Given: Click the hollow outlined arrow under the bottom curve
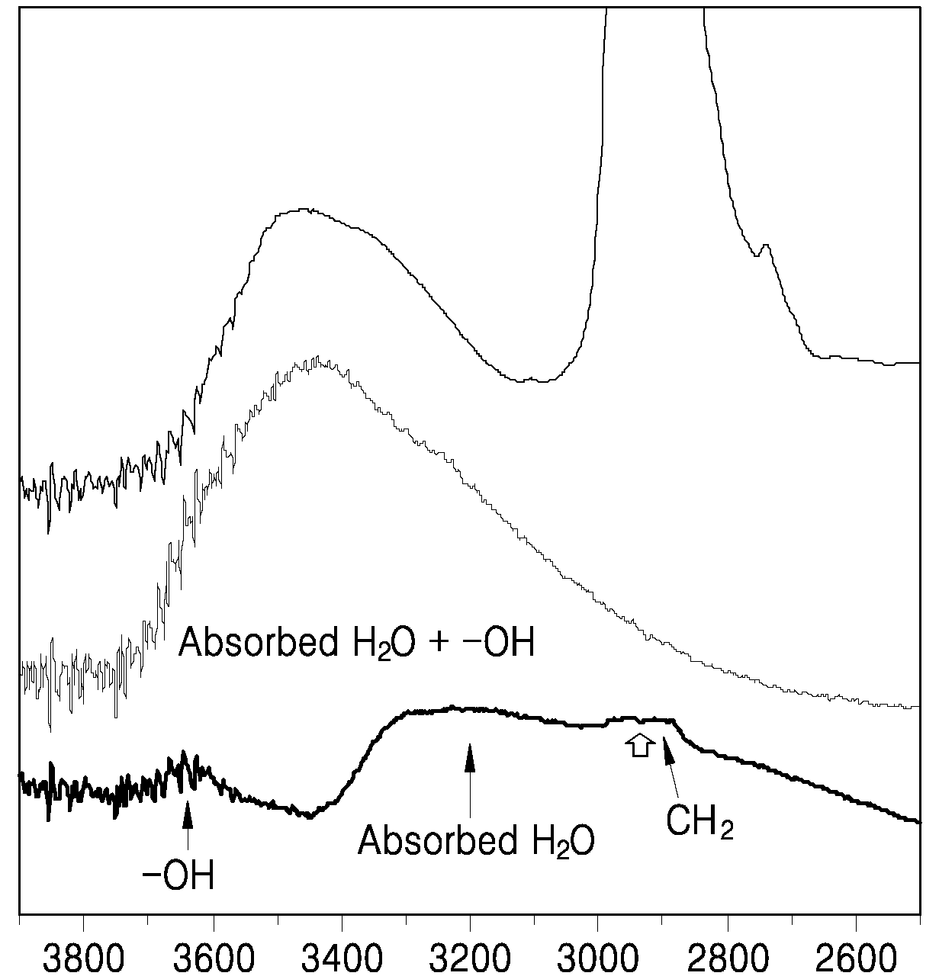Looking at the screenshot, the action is point(640,745).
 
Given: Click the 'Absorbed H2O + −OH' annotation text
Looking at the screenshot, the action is point(356,643).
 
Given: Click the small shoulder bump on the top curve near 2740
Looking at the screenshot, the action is point(766,246).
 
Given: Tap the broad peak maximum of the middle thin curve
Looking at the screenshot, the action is point(317,359).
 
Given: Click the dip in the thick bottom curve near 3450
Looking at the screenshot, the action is point(310,817).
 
